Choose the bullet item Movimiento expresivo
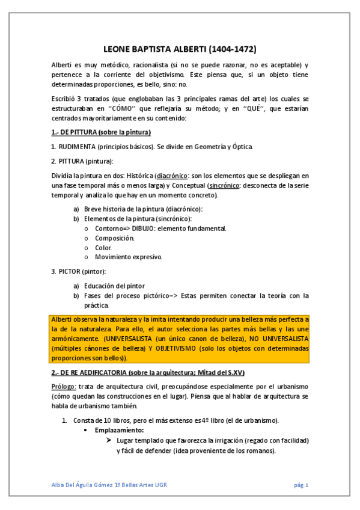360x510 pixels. tap(129, 257)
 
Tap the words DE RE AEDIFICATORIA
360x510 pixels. tap(91, 373)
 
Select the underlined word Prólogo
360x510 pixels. tap(63, 386)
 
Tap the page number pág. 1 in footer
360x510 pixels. tap(301, 485)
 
